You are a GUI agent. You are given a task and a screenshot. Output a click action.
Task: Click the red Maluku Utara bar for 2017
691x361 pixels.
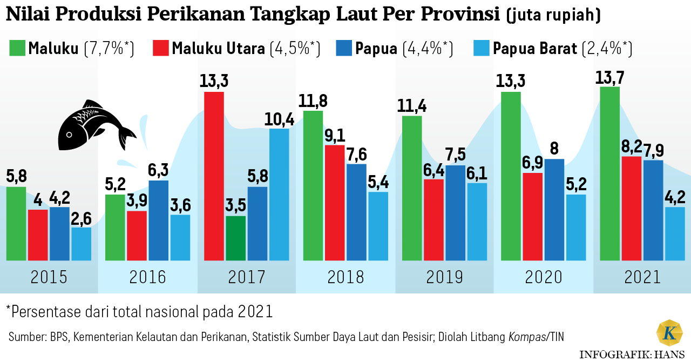[214, 176]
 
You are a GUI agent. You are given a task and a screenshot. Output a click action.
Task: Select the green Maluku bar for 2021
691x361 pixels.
[609, 173]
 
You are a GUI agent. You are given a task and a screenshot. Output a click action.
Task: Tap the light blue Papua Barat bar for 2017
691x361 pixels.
[279, 195]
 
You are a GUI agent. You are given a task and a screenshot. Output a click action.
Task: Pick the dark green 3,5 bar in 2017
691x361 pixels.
[236, 238]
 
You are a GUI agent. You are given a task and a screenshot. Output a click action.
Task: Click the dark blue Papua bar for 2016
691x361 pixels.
[159, 220]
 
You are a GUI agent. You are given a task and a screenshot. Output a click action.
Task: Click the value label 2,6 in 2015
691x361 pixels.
[81, 218]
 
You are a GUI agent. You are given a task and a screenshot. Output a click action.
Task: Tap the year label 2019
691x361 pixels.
[444, 278]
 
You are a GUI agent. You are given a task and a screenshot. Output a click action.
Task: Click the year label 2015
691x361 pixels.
[49, 278]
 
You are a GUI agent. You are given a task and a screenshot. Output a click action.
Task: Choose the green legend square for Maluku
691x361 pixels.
[17, 48]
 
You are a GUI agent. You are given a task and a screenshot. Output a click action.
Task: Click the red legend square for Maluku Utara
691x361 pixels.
[161, 48]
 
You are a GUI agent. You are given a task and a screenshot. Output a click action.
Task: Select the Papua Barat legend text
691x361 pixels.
[535, 49]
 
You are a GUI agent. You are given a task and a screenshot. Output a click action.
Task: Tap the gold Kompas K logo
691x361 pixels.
[669, 333]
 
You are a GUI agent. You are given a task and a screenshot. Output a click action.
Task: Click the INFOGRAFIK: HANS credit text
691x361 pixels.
[633, 355]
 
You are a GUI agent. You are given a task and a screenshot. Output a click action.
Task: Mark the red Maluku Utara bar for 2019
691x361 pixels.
[433, 219]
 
